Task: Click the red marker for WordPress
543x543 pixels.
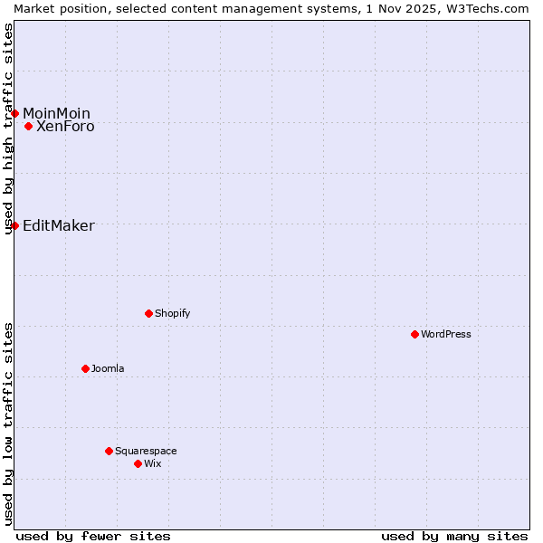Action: pyautogui.click(x=414, y=334)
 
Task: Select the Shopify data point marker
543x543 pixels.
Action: pyautogui.click(x=148, y=313)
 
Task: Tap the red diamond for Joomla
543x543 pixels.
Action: pyautogui.click(x=85, y=368)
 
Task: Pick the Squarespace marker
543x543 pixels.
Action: pyautogui.click(x=109, y=451)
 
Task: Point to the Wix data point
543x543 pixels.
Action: pyautogui.click(x=138, y=463)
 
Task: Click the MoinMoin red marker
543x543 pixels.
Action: pyautogui.click(x=15, y=113)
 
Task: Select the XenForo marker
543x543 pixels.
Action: pyautogui.click(x=29, y=126)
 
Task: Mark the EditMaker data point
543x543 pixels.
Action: pyautogui.click(x=15, y=225)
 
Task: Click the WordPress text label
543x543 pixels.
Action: pyautogui.click(x=446, y=334)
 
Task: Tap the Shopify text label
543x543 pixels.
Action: pyautogui.click(x=173, y=313)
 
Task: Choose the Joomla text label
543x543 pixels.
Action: pyautogui.click(x=108, y=368)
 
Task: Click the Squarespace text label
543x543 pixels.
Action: pyautogui.click(x=146, y=451)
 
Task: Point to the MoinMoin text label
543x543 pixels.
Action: pyautogui.click(x=56, y=113)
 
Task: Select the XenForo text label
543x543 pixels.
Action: pyautogui.click(x=65, y=127)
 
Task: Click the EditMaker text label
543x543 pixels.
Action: pyautogui.click(x=58, y=226)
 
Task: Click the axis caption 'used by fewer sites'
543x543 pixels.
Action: pyautogui.click(x=93, y=536)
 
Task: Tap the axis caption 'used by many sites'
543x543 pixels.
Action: pyautogui.click(x=454, y=536)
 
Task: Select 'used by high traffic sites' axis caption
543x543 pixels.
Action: pyautogui.click(x=8, y=129)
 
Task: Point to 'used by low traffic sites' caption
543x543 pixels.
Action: pyautogui.click(x=8, y=424)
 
